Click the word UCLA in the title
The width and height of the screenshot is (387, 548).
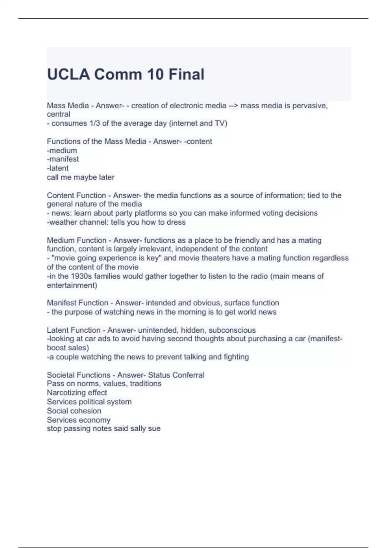(x=68, y=74)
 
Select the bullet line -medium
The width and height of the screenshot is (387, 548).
(x=62, y=151)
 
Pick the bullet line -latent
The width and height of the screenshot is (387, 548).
(x=58, y=168)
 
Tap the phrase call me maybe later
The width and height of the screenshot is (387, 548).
(x=81, y=177)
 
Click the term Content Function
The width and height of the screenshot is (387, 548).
(x=76, y=195)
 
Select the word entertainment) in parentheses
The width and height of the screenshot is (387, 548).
(x=72, y=285)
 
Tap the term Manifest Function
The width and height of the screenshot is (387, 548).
(x=77, y=303)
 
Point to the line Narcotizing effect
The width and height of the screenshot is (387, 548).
(x=77, y=393)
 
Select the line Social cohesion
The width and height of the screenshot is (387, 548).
(x=74, y=411)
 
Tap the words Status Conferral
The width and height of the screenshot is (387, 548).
(x=176, y=375)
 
